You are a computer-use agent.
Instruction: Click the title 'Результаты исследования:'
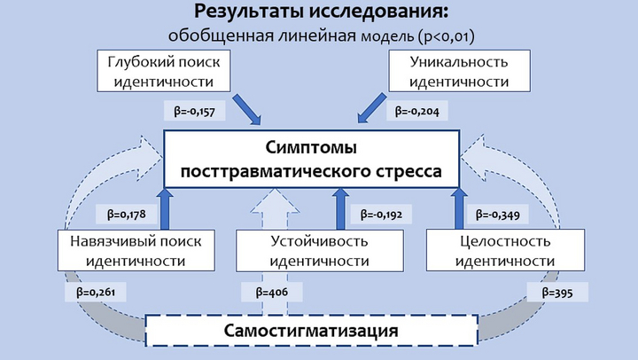321,12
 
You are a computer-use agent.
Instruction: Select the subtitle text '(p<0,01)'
446,36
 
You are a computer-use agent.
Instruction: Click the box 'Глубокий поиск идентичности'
164,71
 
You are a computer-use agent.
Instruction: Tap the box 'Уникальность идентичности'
459,71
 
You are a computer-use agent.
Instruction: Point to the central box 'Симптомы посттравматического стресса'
312,159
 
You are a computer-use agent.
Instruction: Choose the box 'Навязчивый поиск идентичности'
136,250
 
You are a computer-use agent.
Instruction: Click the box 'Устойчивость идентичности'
320,250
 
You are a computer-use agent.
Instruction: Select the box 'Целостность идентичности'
505,250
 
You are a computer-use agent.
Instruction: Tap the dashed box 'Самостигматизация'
312,331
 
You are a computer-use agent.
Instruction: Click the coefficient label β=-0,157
194,111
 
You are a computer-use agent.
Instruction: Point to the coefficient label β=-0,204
417,111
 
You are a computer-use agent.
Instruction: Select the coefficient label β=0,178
127,215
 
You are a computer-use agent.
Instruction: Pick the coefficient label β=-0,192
381,215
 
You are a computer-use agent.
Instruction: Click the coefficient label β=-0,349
498,215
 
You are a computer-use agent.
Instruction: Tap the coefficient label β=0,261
96,292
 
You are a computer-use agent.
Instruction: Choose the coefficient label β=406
272,292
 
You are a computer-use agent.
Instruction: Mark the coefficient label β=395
557,292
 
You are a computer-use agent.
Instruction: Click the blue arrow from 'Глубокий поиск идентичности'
247,110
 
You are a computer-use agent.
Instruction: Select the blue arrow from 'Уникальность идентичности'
372,107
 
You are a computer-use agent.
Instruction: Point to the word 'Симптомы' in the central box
311,147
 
